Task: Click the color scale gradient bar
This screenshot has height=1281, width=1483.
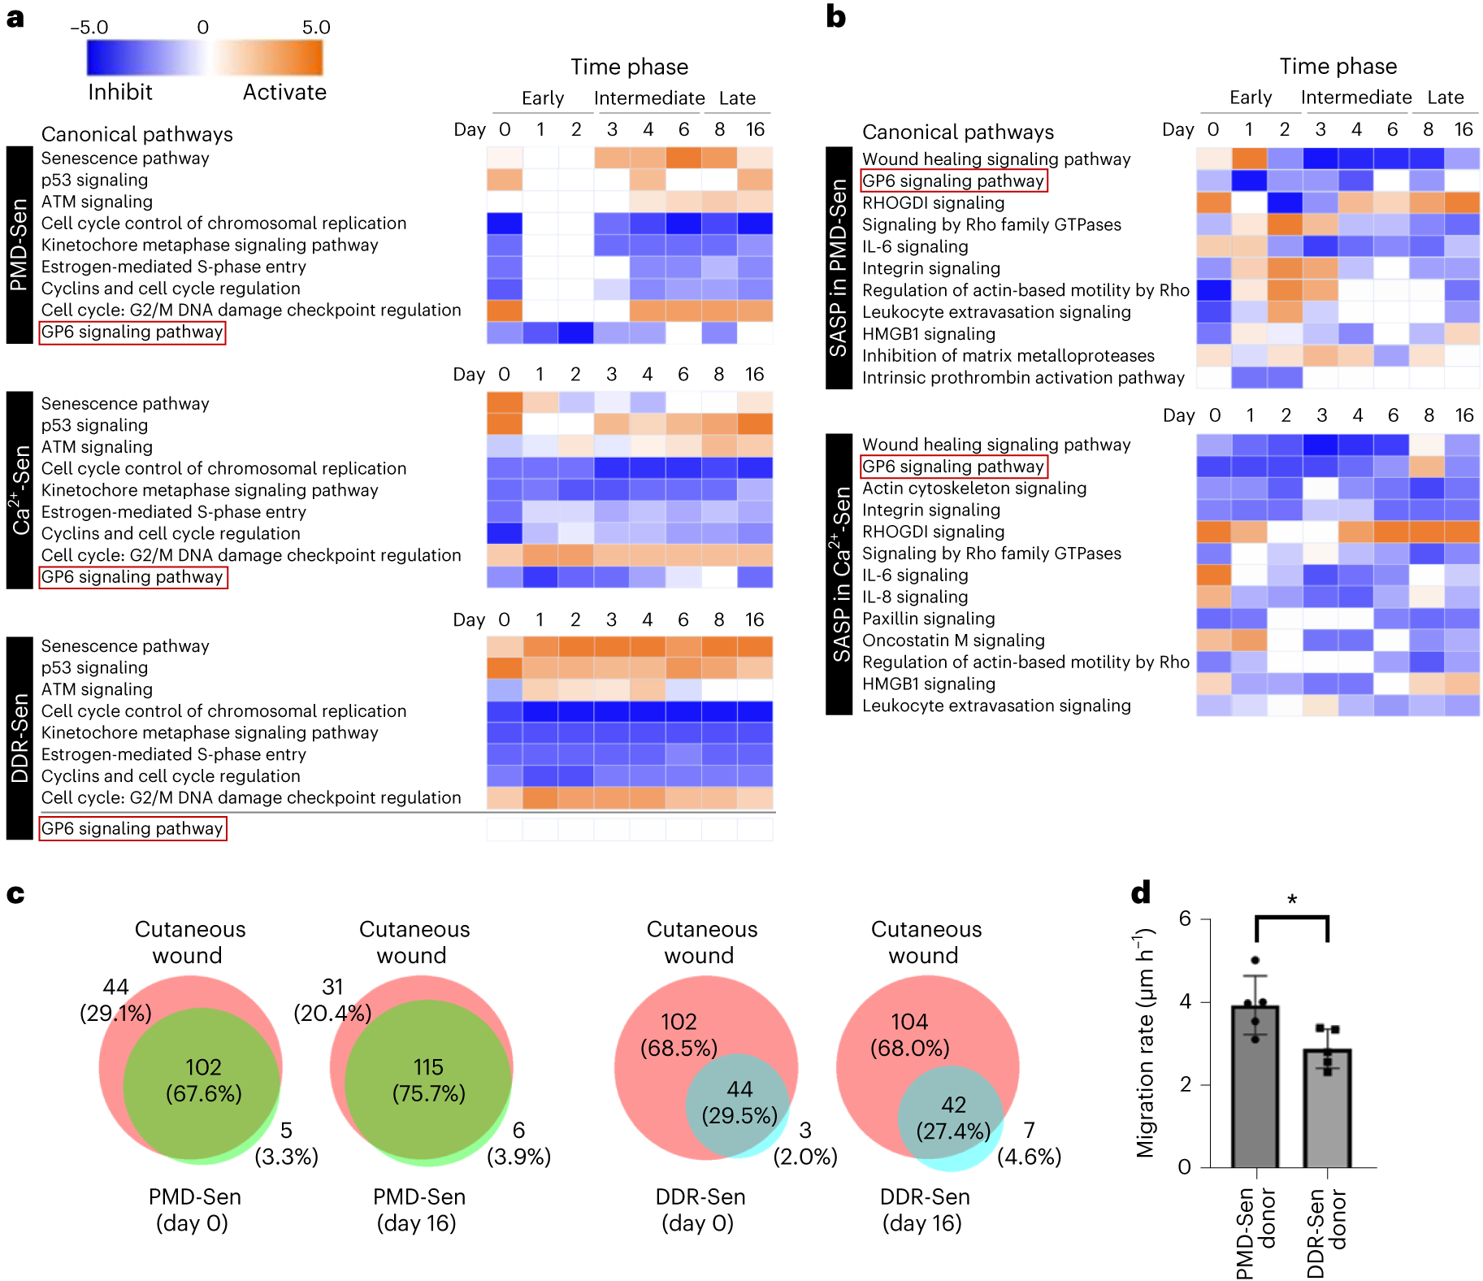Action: [x=205, y=58]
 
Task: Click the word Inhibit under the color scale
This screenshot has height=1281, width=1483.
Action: [x=120, y=92]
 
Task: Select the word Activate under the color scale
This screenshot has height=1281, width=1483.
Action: [x=284, y=92]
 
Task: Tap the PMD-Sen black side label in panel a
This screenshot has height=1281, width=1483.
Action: [x=20, y=245]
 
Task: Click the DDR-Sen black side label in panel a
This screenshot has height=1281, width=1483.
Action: [x=20, y=737]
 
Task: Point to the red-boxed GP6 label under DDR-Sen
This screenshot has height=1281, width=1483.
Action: [x=132, y=828]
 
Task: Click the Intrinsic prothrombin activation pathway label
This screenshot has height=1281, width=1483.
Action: [x=1023, y=378]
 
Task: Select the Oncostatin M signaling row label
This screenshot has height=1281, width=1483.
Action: [x=953, y=640]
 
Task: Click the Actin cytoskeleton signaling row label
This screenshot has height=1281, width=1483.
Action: [x=974, y=489]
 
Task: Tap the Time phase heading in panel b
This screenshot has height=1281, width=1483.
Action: [x=1338, y=66]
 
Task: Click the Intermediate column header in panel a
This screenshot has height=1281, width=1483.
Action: [x=649, y=98]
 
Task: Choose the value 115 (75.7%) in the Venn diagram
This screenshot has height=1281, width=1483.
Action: [x=428, y=1079]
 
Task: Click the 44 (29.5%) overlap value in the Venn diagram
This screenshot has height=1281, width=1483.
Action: [x=739, y=1101]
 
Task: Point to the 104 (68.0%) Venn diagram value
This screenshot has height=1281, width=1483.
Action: [x=909, y=1034]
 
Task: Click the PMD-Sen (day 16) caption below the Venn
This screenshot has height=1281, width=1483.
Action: [x=418, y=1209]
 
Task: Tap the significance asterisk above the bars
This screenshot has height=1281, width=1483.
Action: [x=1291, y=900]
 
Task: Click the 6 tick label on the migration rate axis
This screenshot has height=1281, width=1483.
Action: [x=1185, y=918]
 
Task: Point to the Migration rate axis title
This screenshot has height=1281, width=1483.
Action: [x=1145, y=1042]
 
